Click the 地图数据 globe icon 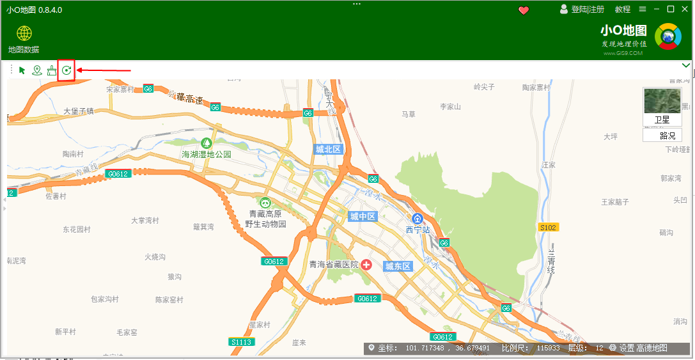(x=24, y=33)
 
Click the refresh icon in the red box (x=66, y=70)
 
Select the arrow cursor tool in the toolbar (x=22, y=70)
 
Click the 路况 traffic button (x=662, y=135)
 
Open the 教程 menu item (x=623, y=10)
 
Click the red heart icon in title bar (x=524, y=10)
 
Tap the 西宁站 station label (x=418, y=229)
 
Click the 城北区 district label (x=329, y=149)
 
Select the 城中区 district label (x=363, y=217)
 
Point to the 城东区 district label (x=397, y=266)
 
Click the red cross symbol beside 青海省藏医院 (x=367, y=264)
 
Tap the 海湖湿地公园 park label (x=206, y=154)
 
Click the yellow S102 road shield (x=549, y=227)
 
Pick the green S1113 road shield (x=242, y=342)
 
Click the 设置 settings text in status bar (x=626, y=348)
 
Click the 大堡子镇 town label (x=79, y=111)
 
